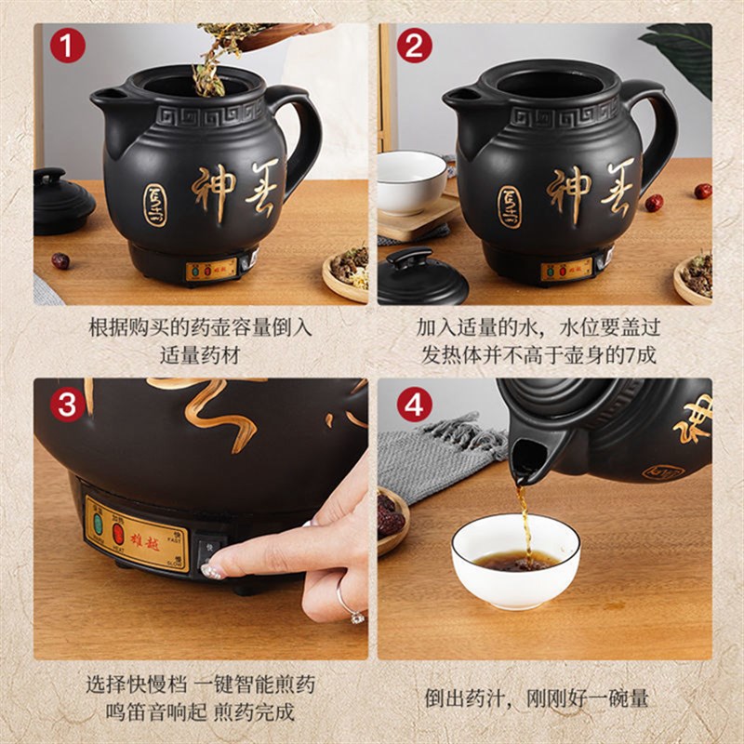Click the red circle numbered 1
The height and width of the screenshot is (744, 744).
(67, 45)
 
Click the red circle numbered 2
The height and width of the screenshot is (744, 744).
(414, 45)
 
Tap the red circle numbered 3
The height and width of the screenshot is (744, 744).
(67, 404)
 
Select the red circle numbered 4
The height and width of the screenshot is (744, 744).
(414, 404)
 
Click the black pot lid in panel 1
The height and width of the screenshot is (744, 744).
(62, 200)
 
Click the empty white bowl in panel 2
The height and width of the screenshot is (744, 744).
(410, 180)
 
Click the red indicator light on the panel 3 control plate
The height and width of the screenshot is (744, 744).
(119, 532)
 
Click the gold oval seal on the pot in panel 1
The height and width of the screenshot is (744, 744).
(154, 204)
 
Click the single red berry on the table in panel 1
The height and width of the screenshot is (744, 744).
(60, 260)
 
